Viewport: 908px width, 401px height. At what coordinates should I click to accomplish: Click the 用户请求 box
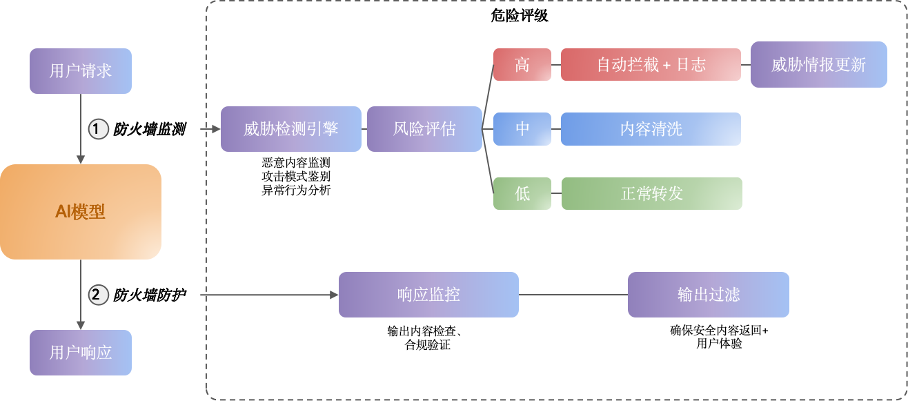(81, 71)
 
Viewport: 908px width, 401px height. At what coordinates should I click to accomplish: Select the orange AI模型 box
(81, 212)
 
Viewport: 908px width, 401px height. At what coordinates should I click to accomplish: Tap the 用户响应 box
(81, 353)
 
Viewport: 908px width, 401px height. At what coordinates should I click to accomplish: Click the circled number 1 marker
(99, 129)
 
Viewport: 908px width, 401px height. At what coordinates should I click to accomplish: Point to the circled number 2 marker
(99, 295)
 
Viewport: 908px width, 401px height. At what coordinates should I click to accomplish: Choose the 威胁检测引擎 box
(290, 129)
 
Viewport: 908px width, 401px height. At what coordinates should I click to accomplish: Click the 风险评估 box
(424, 129)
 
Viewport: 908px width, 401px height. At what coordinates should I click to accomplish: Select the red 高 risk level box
(522, 65)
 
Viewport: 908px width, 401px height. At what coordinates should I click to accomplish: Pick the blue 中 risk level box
(522, 129)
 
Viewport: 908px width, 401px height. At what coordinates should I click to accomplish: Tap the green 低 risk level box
(522, 193)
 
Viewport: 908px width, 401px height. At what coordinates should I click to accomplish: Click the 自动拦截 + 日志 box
(651, 65)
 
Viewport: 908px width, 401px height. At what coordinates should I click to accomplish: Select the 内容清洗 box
(651, 129)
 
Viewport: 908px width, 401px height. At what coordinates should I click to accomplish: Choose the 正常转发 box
(651, 193)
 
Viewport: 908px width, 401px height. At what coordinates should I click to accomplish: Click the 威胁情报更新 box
(818, 65)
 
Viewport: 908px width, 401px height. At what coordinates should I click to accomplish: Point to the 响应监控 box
(428, 295)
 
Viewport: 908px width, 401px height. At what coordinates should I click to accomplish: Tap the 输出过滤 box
(708, 295)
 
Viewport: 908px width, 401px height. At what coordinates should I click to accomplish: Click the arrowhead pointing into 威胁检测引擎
(216, 129)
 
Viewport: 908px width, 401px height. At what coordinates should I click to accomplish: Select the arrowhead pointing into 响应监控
(334, 295)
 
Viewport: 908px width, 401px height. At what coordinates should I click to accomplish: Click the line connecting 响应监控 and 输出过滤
(573, 295)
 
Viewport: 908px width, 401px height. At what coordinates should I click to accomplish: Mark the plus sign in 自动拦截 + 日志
(667, 66)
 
